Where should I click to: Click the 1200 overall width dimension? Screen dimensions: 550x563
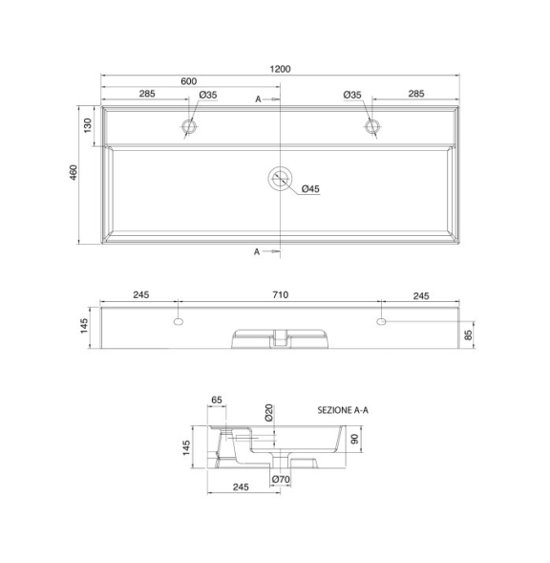pos(280,69)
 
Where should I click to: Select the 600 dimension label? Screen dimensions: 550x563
pos(189,81)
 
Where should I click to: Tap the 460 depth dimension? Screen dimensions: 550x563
pos(74,172)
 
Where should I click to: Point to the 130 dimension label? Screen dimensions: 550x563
pos(88,125)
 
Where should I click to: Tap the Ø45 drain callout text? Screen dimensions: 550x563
pos(310,189)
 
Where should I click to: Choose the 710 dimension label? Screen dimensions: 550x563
pos(280,294)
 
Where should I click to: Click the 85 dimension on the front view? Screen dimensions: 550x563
pos(469,335)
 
